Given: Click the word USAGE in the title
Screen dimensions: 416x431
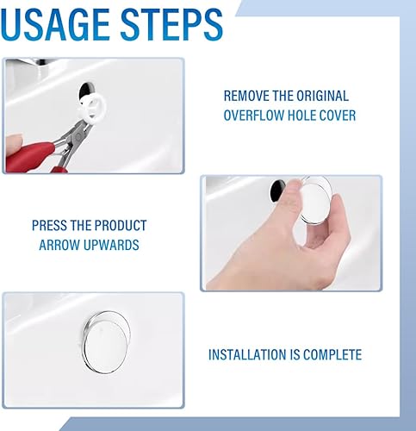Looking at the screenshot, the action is tap(55, 24).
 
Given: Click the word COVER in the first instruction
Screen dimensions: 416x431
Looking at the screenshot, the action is tap(338, 116).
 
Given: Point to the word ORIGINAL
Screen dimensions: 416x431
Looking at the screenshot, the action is tap(322, 96).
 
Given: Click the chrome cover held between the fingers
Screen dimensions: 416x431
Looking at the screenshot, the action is tap(315, 200).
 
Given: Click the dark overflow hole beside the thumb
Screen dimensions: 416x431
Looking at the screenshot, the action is tap(276, 191).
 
